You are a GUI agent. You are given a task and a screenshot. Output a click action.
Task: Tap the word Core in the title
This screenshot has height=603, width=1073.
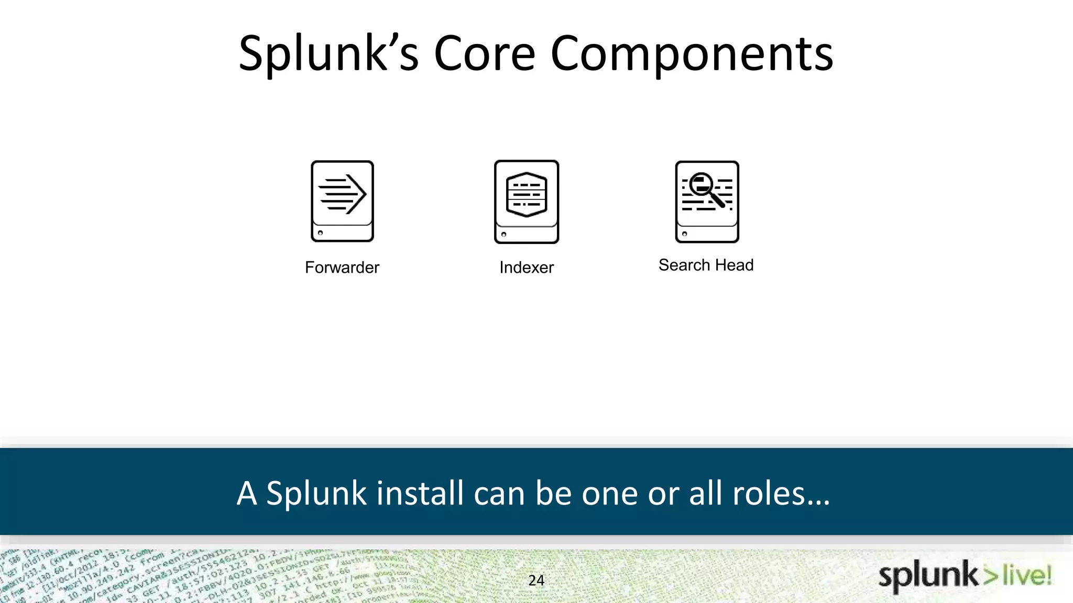(485, 53)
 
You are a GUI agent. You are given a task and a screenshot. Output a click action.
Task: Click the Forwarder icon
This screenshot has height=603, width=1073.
(342, 202)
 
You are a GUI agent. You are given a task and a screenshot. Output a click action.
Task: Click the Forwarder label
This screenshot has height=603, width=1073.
(342, 267)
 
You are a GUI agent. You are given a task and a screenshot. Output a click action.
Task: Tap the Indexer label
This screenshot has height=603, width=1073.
(527, 267)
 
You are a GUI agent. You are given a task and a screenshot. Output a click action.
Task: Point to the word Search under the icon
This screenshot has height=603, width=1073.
(684, 265)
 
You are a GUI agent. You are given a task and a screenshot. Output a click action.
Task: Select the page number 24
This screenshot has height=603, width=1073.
(536, 580)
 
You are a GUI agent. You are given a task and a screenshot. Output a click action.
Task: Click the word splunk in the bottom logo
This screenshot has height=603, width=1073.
(928, 576)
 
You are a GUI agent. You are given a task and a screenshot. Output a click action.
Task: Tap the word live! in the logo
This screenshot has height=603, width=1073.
(1027, 576)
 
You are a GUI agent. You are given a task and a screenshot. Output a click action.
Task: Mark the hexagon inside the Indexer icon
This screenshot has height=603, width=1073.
(527, 194)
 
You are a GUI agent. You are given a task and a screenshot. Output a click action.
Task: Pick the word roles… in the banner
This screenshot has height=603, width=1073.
(781, 493)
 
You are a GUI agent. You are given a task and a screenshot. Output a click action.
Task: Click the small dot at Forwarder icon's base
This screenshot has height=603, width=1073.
(321, 233)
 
